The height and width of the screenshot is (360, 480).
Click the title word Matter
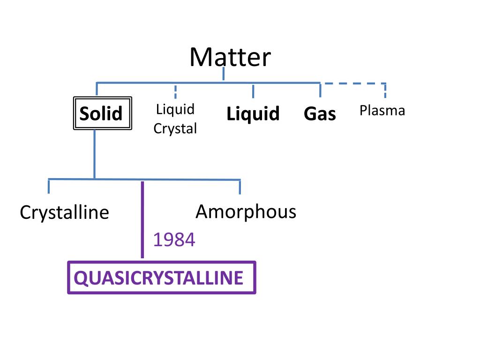230,57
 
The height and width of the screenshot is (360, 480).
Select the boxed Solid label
101,113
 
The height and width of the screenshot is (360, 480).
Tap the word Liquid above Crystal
175,110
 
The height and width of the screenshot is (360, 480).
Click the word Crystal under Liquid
175,128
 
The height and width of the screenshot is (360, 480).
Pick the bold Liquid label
253,114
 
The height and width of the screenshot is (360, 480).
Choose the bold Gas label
320,114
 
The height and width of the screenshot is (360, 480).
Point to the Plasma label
382,111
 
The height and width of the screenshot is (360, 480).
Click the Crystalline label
64,213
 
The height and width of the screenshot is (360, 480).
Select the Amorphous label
246,212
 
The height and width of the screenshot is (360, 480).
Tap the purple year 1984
174,240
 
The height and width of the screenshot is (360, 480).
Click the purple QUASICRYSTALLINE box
162,277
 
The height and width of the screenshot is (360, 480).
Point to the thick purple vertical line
142,220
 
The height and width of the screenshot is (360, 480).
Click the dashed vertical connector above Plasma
385,90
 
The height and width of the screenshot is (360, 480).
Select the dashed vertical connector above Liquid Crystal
175,91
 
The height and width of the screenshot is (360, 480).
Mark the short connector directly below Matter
223,74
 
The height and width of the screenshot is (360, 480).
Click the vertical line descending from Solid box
94,155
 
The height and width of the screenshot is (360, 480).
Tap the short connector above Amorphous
240,187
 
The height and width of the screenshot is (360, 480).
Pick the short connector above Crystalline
49,186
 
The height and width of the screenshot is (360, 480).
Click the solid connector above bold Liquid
253,90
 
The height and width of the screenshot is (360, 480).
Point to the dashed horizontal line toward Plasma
352,83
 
